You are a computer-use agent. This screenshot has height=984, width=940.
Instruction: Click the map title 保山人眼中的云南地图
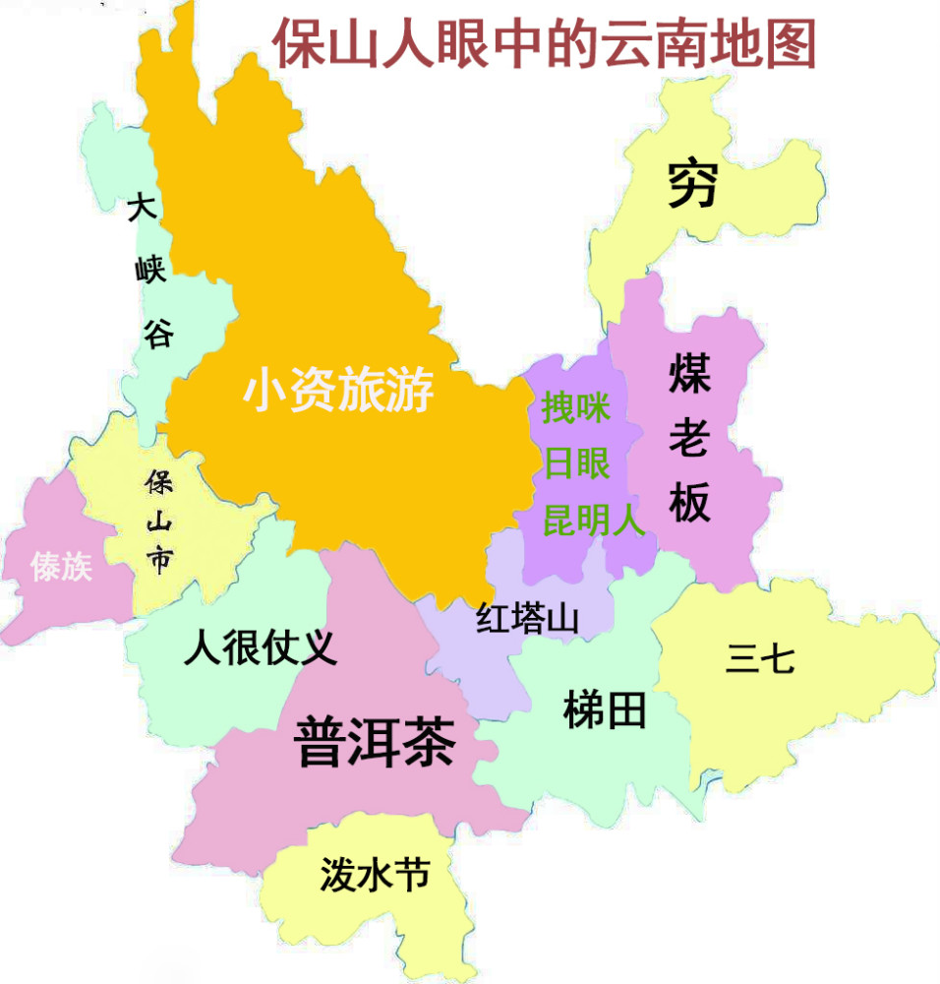544,44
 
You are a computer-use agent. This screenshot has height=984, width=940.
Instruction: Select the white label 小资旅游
338,391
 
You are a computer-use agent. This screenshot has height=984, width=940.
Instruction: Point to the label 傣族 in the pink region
61,566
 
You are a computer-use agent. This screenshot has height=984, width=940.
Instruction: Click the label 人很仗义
261,648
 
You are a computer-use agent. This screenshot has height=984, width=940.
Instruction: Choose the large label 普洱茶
375,741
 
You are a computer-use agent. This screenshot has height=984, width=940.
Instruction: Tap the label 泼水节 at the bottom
375,873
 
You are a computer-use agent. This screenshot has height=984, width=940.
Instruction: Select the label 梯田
605,709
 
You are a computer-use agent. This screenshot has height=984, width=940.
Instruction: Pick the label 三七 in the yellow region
759,657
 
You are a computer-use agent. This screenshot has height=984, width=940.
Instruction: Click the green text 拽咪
576,407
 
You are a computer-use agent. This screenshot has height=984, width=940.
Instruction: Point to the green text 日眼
576,462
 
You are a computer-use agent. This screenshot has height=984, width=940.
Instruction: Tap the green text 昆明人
593,519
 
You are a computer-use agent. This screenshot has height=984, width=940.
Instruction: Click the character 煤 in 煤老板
689,374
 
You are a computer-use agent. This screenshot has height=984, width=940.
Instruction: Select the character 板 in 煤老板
689,504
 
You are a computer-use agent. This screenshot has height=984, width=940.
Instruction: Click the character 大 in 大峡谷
143,211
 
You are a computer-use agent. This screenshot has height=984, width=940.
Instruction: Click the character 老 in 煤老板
689,439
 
